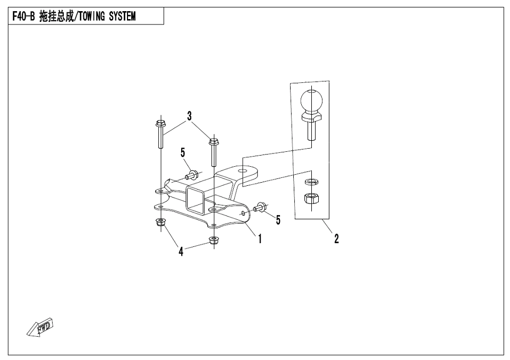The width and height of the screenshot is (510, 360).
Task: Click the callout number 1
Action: tap(260, 239)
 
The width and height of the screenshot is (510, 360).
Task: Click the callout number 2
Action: tap(337, 239)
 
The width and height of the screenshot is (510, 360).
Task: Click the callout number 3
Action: tap(189, 116)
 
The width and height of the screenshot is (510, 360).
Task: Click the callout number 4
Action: tap(181, 251)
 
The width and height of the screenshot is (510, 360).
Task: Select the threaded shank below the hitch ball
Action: tap(312, 130)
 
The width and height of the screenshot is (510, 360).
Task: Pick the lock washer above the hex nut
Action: tap(311, 181)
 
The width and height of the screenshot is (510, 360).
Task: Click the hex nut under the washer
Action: tap(311, 197)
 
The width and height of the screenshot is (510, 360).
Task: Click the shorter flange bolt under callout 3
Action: tap(214, 152)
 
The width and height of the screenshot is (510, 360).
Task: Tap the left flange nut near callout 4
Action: tap(160, 223)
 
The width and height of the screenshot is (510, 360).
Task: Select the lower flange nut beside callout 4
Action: tap(214, 241)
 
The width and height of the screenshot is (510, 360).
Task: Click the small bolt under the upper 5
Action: tap(192, 175)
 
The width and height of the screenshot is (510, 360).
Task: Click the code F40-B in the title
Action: tap(23, 16)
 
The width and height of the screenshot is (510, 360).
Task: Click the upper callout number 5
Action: tap(182, 152)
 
